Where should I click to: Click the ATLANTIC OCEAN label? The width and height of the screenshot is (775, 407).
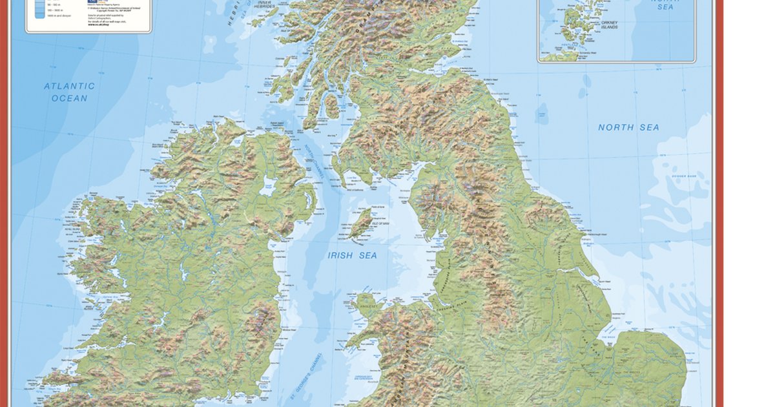point(69,92)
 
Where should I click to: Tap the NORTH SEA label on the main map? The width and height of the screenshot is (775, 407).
point(628,127)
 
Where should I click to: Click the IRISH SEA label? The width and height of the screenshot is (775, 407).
point(352,255)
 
